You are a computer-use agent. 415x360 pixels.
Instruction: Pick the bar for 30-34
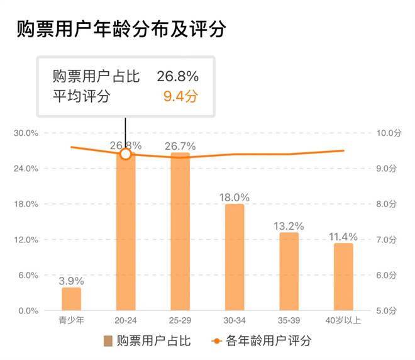point(235,257)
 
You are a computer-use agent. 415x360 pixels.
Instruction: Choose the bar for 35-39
point(289,271)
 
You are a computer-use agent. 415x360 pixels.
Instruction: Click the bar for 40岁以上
point(343,277)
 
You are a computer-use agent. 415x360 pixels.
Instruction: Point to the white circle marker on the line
point(126,154)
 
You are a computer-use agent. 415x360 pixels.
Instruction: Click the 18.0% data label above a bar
point(235,197)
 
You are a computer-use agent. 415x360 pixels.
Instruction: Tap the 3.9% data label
point(71,280)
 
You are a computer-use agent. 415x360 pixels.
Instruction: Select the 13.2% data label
point(289,225)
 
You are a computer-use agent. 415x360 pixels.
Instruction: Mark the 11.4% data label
point(343,237)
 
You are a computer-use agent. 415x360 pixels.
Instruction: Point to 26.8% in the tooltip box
point(178,77)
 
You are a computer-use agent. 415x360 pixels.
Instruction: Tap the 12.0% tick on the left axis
point(27,240)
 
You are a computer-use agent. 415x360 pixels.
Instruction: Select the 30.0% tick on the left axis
point(27,133)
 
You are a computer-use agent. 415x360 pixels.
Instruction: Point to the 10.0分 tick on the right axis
point(389,133)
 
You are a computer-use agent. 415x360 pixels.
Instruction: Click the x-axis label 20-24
point(126,320)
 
